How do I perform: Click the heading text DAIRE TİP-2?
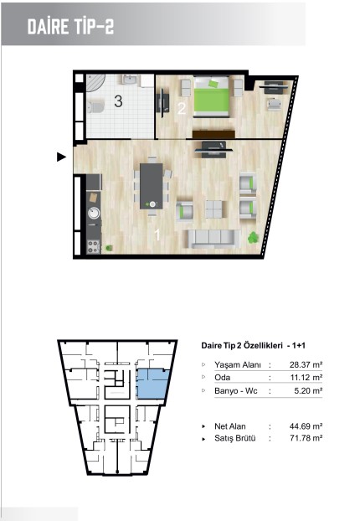click(x=70, y=27)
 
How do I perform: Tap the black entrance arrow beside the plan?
click(x=61, y=157)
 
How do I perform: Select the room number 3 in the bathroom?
click(x=118, y=101)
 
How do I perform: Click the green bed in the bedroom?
click(x=212, y=96)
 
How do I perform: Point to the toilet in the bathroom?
click(x=96, y=107)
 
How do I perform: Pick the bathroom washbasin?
click(x=130, y=80)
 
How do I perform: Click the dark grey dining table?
click(x=152, y=186)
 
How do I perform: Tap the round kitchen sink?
click(x=94, y=213)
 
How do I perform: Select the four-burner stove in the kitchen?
click(x=93, y=247)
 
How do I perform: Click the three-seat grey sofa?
click(x=213, y=239)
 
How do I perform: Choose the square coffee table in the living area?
click(x=213, y=209)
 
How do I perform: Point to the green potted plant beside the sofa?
click(x=253, y=238)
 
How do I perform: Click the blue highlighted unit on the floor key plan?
click(x=153, y=384)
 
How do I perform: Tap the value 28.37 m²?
click(x=306, y=365)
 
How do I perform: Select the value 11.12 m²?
click(x=306, y=378)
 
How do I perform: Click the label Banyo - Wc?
click(x=236, y=390)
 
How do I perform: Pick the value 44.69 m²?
click(x=306, y=426)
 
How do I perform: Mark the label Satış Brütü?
click(x=235, y=438)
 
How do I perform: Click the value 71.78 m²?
click(x=306, y=438)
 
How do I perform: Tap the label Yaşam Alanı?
click(x=238, y=365)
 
